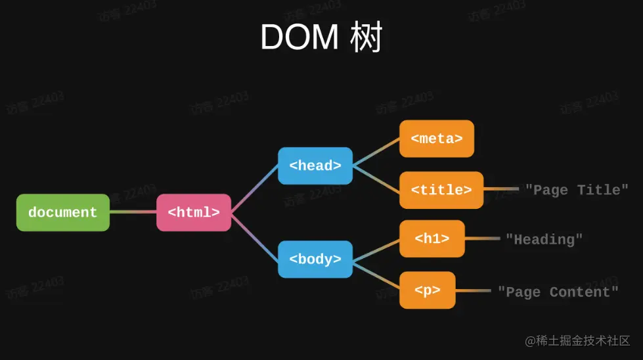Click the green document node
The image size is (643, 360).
[63, 212]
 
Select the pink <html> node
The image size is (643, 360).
[194, 212]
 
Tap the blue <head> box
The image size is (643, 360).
[315, 166]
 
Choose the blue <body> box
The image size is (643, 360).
[315, 259]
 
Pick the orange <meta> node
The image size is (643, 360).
[437, 139]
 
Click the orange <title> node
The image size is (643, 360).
[441, 190]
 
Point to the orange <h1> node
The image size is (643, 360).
[432, 238]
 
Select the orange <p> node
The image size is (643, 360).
[428, 290]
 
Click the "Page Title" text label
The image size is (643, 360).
[577, 190]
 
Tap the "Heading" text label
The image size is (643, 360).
[544, 239]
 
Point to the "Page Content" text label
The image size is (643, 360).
[558, 291]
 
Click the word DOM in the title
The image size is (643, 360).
[299, 37]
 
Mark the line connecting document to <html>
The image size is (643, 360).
[133, 212]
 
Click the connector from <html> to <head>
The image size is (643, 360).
[255, 189]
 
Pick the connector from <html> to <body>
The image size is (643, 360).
[255, 236]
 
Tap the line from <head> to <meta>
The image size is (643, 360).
[376, 152]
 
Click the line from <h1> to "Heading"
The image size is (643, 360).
[482, 238]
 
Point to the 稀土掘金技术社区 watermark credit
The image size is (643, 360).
[577, 341]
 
